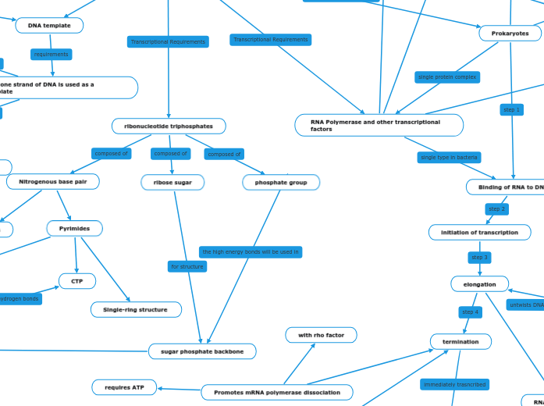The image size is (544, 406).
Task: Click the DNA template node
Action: [x=49, y=26]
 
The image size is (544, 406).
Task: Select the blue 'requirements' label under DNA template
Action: [x=52, y=55]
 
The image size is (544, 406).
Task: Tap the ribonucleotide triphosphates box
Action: [x=169, y=126]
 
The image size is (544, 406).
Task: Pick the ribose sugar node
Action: [x=172, y=182]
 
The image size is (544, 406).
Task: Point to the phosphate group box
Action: [x=281, y=182]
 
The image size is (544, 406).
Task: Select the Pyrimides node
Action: [x=74, y=229]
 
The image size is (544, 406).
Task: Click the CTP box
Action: [x=77, y=281]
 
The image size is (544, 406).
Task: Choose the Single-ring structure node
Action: [x=136, y=309]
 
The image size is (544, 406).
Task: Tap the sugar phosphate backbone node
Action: [x=202, y=351]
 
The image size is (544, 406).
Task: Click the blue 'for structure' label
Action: [x=187, y=267]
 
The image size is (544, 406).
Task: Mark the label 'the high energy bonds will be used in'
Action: [x=251, y=252]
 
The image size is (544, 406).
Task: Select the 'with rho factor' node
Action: [x=321, y=335]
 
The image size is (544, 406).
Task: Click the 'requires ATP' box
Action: [x=124, y=386]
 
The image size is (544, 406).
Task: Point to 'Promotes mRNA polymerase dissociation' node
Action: [x=277, y=392]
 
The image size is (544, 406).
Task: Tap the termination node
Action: [x=460, y=341]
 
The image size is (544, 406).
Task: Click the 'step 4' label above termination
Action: [x=470, y=312]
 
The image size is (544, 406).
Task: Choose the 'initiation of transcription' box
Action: [x=479, y=232]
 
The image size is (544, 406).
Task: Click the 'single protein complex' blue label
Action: [x=447, y=77]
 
